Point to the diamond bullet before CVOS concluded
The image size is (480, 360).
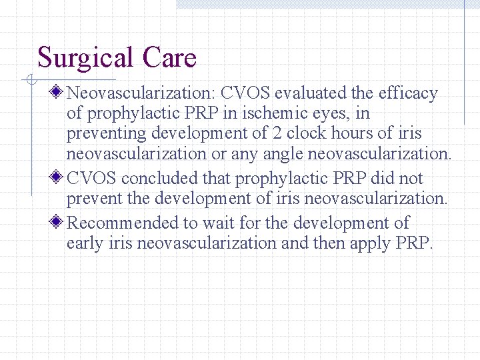click(59, 178)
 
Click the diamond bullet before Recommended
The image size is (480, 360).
click(59, 222)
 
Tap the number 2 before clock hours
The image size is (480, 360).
click(277, 133)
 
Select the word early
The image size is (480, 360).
click(85, 243)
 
